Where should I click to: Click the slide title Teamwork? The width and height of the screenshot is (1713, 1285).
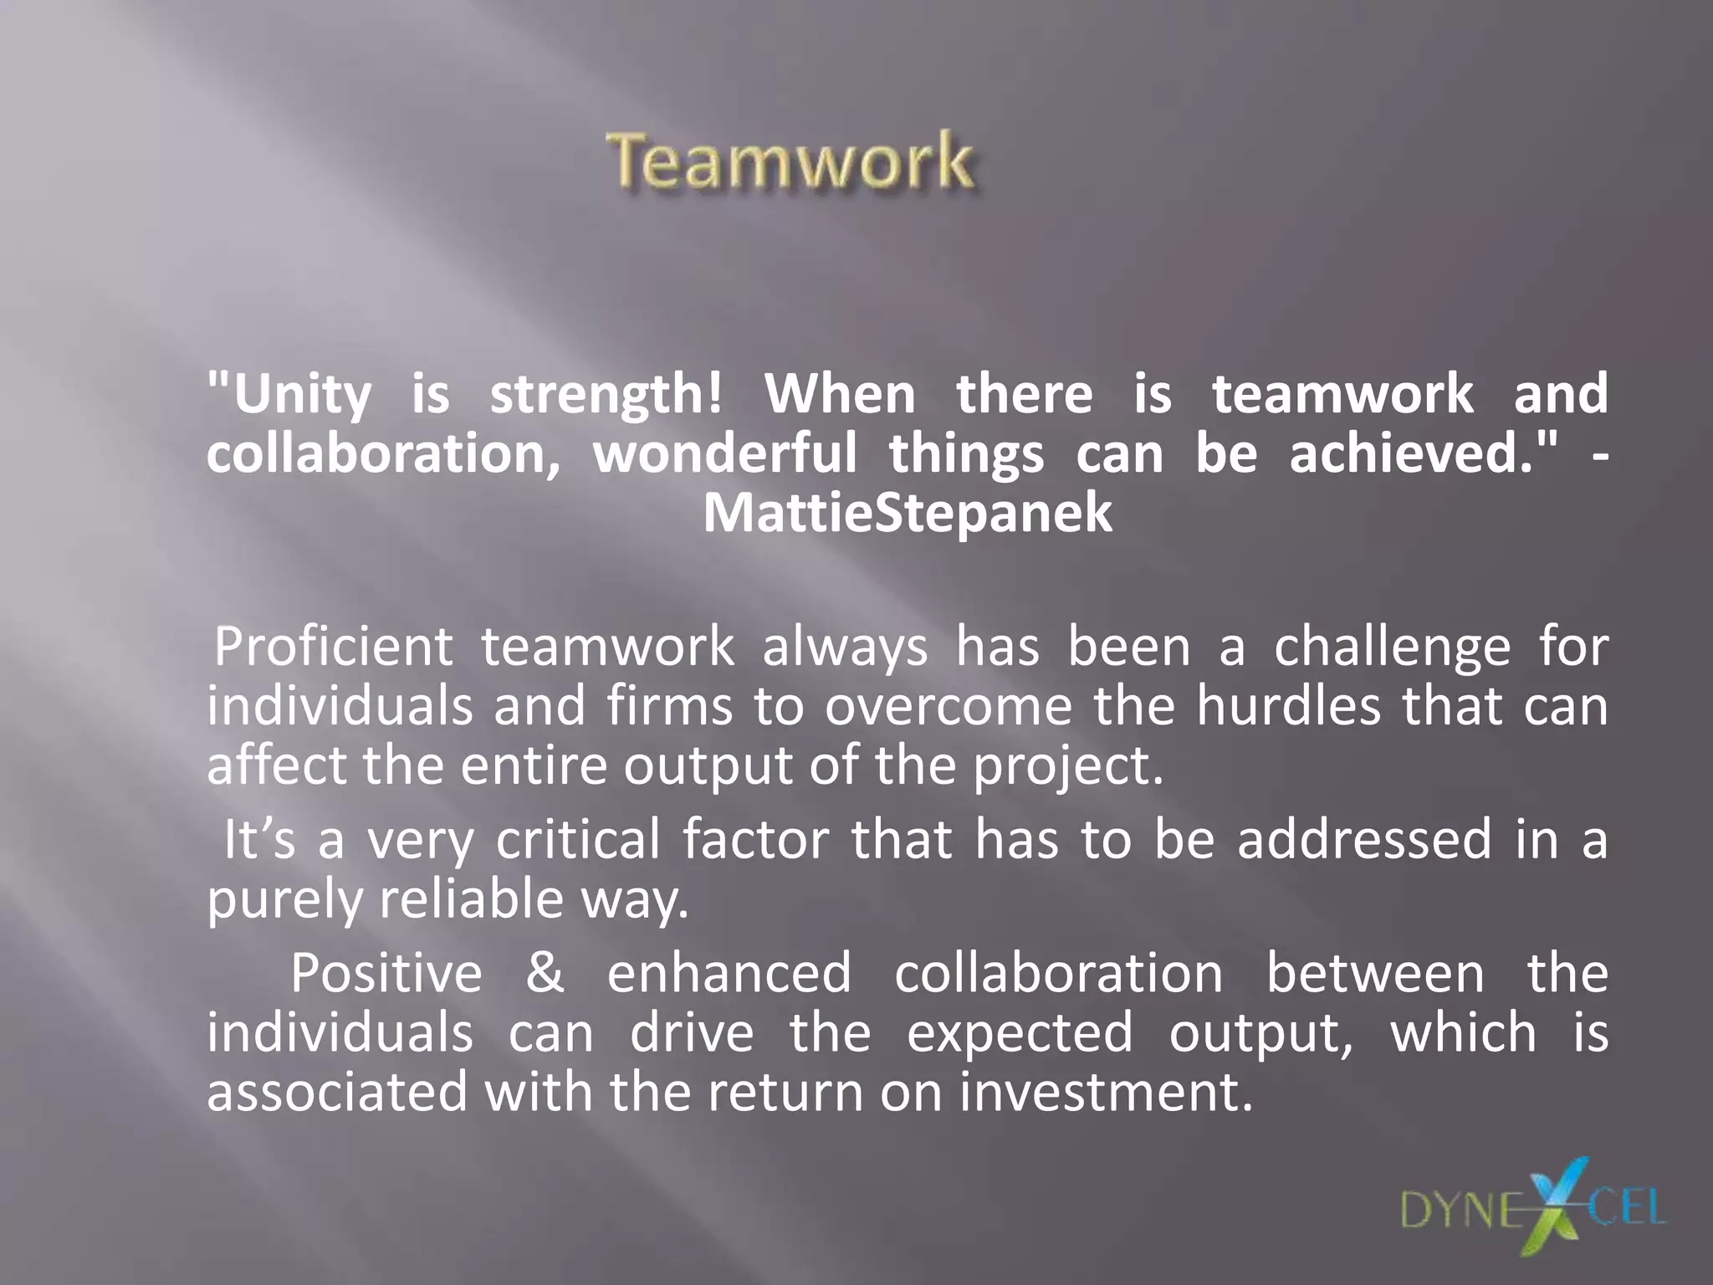point(790,161)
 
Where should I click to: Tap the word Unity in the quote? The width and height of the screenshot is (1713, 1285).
point(302,394)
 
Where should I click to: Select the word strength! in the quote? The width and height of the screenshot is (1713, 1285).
point(606,394)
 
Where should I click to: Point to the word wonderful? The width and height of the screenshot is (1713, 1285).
point(724,453)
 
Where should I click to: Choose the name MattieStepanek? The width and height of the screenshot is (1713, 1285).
point(908,513)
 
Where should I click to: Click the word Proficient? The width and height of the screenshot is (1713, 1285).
point(334,647)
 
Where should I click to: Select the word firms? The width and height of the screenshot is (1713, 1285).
point(669,705)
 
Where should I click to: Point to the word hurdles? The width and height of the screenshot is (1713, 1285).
point(1288,705)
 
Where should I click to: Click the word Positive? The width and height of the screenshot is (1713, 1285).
point(386,973)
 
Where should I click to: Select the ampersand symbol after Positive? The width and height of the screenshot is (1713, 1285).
point(545,973)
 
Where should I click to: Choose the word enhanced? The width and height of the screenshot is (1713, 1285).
point(729,973)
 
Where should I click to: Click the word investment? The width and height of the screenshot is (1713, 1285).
point(1106,1093)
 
